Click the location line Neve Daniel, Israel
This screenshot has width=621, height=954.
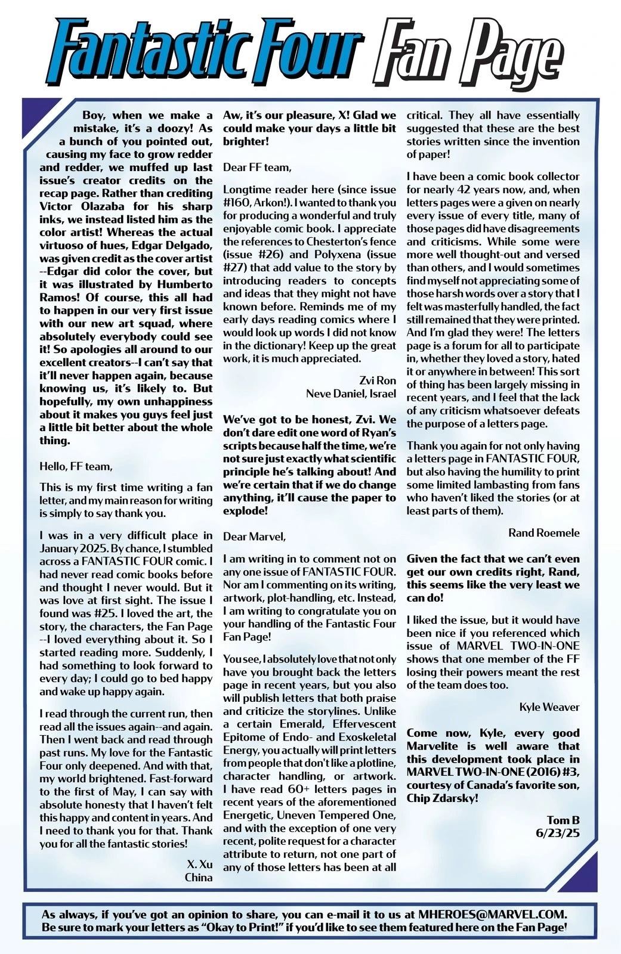[x=351, y=393]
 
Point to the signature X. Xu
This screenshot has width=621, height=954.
[x=199, y=864]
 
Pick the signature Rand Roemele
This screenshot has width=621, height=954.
[x=543, y=532]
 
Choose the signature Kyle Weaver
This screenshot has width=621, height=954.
[x=549, y=707]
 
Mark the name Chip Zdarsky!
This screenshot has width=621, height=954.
[x=442, y=797]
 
